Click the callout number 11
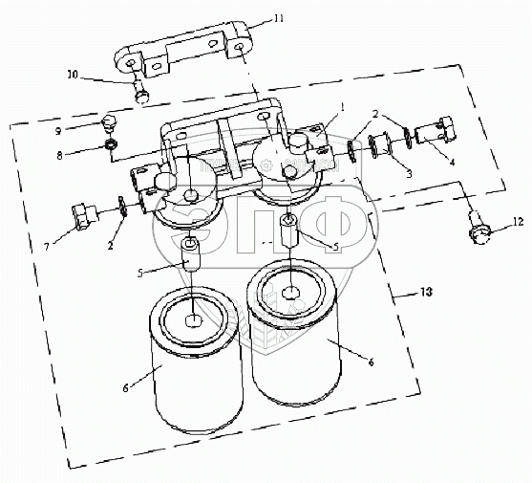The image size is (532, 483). pyautogui.click(x=279, y=18)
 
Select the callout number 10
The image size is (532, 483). pyautogui.click(x=73, y=75)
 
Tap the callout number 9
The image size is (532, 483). pyautogui.click(x=58, y=131)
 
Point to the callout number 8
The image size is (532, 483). pyautogui.click(x=60, y=156)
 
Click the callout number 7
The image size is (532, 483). pyautogui.click(x=47, y=247)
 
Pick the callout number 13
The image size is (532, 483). pyautogui.click(x=427, y=292)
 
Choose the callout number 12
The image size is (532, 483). pyautogui.click(x=518, y=222)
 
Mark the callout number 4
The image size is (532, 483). pyautogui.click(x=452, y=162)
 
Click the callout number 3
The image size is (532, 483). pyautogui.click(x=410, y=173)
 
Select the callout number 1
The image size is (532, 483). pyautogui.click(x=343, y=108)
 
